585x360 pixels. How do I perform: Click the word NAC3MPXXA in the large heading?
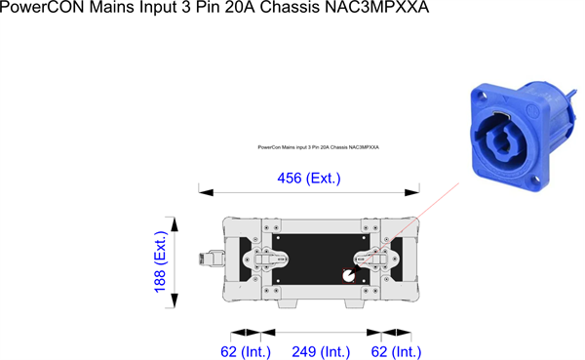click(x=376, y=7)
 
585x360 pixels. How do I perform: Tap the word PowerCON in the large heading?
click(x=42, y=7)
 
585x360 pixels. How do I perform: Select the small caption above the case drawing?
click(x=318, y=147)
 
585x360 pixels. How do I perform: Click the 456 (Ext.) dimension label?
click(x=309, y=179)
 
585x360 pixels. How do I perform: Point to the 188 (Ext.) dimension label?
click(x=161, y=262)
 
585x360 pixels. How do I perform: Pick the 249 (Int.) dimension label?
click(x=321, y=352)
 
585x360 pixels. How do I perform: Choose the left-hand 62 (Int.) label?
click(x=246, y=352)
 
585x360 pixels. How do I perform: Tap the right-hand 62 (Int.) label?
click(x=396, y=352)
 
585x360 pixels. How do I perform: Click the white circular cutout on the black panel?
click(x=348, y=276)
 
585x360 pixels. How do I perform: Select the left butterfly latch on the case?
click(x=265, y=259)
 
